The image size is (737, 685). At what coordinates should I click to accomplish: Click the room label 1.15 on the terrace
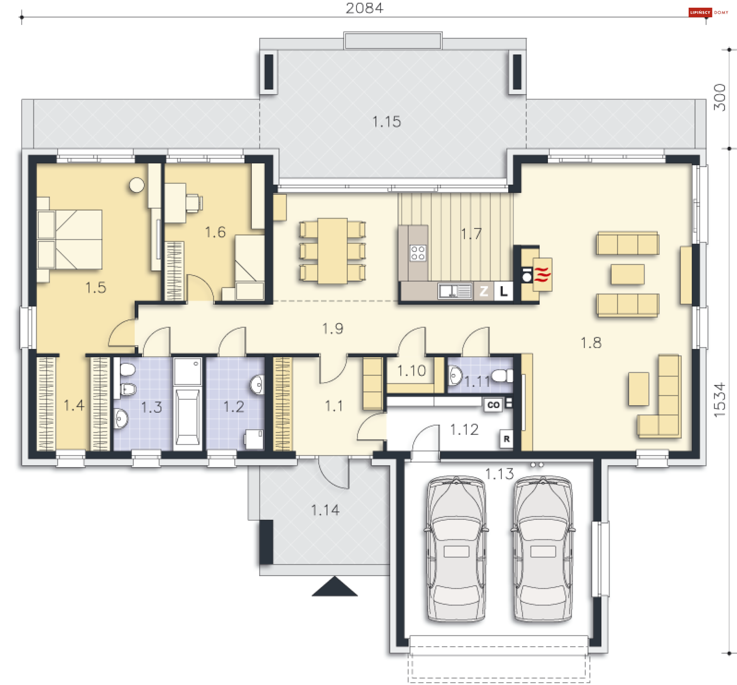[x=387, y=122]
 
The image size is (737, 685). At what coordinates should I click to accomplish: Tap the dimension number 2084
[x=364, y=8]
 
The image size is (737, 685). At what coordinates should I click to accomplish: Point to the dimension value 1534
[x=720, y=400]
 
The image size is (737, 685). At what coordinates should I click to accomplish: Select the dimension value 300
[x=720, y=98]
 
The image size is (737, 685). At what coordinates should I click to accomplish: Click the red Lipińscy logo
[x=700, y=12]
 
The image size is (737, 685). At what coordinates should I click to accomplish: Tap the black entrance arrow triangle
[x=335, y=587]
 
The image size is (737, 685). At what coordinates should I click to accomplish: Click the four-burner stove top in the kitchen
[x=418, y=253]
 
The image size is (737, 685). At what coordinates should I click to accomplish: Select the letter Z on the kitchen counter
[x=484, y=291]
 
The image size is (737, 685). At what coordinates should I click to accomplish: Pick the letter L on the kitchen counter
[x=503, y=291]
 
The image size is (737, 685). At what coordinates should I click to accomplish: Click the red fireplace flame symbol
[x=542, y=274]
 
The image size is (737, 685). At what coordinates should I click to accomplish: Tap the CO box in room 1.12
[x=493, y=405]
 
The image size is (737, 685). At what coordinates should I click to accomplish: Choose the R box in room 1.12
[x=507, y=439]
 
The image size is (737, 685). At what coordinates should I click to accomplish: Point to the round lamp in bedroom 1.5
[x=137, y=185]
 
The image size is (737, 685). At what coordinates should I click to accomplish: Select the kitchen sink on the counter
[x=455, y=291]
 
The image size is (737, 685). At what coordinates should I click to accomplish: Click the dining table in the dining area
[x=332, y=251]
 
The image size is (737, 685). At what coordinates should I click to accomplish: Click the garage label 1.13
[x=499, y=474]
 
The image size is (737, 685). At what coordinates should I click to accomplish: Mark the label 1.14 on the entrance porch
[x=325, y=510]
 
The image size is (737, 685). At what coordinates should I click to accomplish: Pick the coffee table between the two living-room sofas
[x=628, y=274]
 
